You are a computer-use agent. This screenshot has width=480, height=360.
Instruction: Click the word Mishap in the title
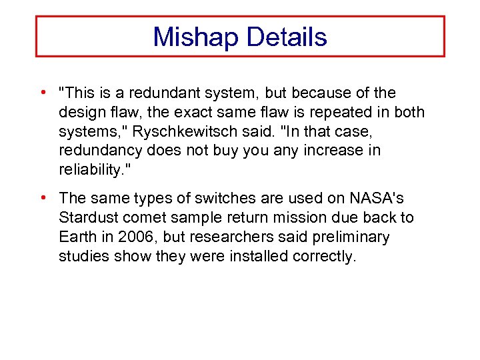point(195,37)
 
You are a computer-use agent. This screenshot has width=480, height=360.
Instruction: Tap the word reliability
point(89,170)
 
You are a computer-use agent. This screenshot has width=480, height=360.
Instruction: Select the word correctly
point(325,256)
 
